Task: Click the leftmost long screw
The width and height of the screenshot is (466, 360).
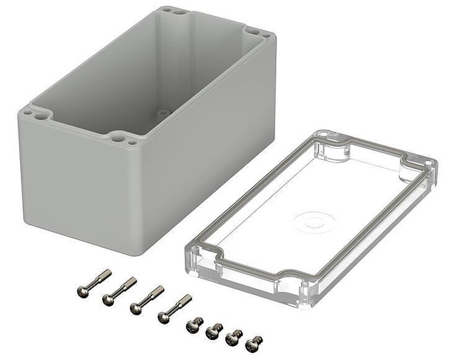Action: [94, 281]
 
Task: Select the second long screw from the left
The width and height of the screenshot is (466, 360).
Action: [120, 291]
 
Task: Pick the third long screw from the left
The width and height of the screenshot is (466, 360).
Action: [147, 300]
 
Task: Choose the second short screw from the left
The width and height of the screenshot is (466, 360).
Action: [214, 331]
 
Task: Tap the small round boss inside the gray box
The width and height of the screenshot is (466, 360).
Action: [162, 111]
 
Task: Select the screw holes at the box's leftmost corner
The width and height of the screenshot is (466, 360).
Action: [35, 114]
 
